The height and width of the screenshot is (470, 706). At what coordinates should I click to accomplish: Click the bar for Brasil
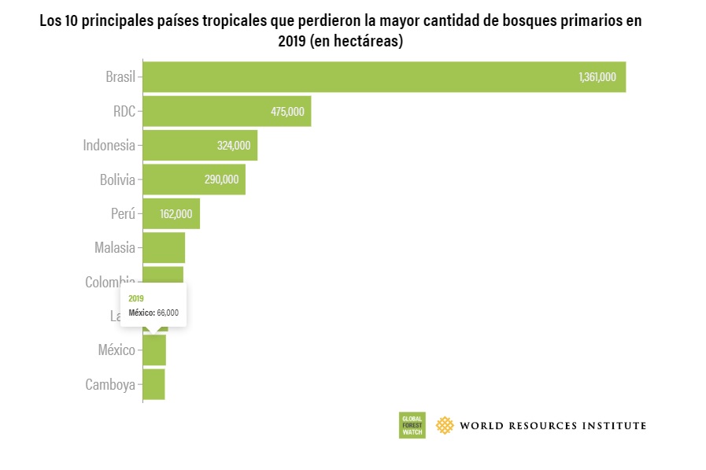pyautogui.click(x=383, y=77)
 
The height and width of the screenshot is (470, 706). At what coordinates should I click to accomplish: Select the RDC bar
pyautogui.click(x=227, y=111)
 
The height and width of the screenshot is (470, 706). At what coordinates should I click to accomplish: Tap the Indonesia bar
pyautogui.click(x=200, y=145)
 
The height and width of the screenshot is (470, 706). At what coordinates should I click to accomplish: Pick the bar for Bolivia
pyautogui.click(x=194, y=179)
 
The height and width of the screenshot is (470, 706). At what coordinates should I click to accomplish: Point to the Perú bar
pyautogui.click(x=171, y=213)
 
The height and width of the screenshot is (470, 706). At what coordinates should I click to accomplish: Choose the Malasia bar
pyautogui.click(x=164, y=248)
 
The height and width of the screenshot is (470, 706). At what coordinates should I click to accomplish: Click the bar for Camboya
pyautogui.click(x=153, y=384)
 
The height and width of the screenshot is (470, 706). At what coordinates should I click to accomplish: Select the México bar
pyautogui.click(x=154, y=350)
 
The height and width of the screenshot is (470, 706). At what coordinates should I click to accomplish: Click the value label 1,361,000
pyautogui.click(x=597, y=77)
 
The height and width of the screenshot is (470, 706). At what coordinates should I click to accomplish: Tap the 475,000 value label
pyautogui.click(x=287, y=112)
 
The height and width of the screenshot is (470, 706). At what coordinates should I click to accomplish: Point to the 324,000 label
pyautogui.click(x=234, y=146)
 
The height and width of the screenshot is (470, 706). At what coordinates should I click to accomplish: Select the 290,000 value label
pyautogui.click(x=221, y=179)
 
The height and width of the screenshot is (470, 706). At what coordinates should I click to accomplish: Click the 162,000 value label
pyautogui.click(x=176, y=214)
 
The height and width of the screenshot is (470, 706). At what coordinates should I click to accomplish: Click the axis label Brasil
pyautogui.click(x=120, y=77)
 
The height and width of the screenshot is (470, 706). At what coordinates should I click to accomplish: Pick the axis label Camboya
pyautogui.click(x=110, y=385)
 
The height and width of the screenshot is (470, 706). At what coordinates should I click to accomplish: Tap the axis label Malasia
pyautogui.click(x=115, y=248)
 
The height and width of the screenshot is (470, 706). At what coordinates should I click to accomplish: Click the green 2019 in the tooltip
pyautogui.click(x=136, y=298)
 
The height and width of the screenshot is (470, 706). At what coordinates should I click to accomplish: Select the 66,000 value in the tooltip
pyautogui.click(x=168, y=313)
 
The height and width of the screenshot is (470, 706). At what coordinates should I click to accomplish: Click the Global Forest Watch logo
pyautogui.click(x=412, y=425)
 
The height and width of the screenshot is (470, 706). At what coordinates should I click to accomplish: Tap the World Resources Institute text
pyautogui.click(x=553, y=425)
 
